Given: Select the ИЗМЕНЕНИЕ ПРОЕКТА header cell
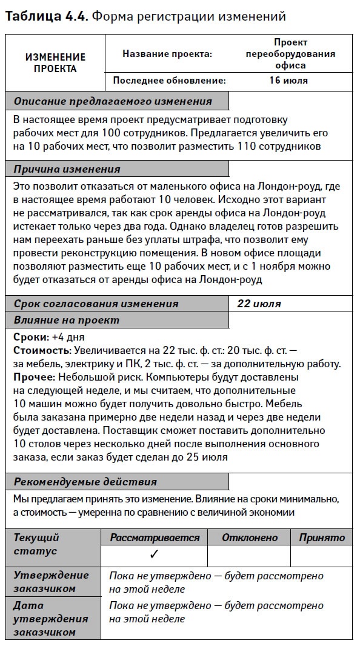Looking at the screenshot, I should (55, 62).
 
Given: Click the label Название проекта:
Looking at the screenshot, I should (167, 54).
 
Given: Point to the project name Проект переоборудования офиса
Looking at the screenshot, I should (290, 54).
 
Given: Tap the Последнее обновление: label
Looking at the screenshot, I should (169, 80).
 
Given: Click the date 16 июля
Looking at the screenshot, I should (288, 80).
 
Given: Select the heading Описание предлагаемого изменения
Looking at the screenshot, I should (113, 101).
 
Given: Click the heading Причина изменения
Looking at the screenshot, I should (67, 169).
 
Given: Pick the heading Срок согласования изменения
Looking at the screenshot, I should (96, 304).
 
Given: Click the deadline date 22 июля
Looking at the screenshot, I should (259, 304).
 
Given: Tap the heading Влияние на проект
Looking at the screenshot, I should (67, 320).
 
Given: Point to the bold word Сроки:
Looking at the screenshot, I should (30, 337).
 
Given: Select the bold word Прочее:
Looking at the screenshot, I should (33, 377).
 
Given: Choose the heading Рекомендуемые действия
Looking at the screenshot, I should (85, 482).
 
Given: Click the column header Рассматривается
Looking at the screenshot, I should (155, 538).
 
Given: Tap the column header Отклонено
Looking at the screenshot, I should (250, 538).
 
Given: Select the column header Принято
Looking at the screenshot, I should (322, 538).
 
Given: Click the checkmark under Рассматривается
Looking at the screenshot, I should (154, 554).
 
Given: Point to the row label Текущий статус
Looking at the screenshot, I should (36, 544).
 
